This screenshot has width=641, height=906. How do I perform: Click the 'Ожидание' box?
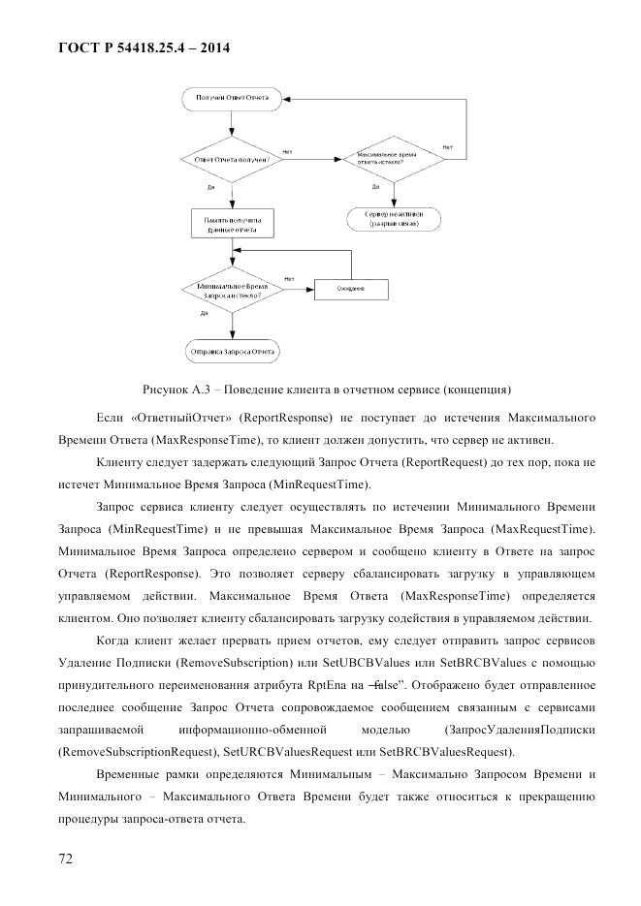[x=351, y=289]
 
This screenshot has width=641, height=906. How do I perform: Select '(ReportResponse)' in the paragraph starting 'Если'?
[x=291, y=417]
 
